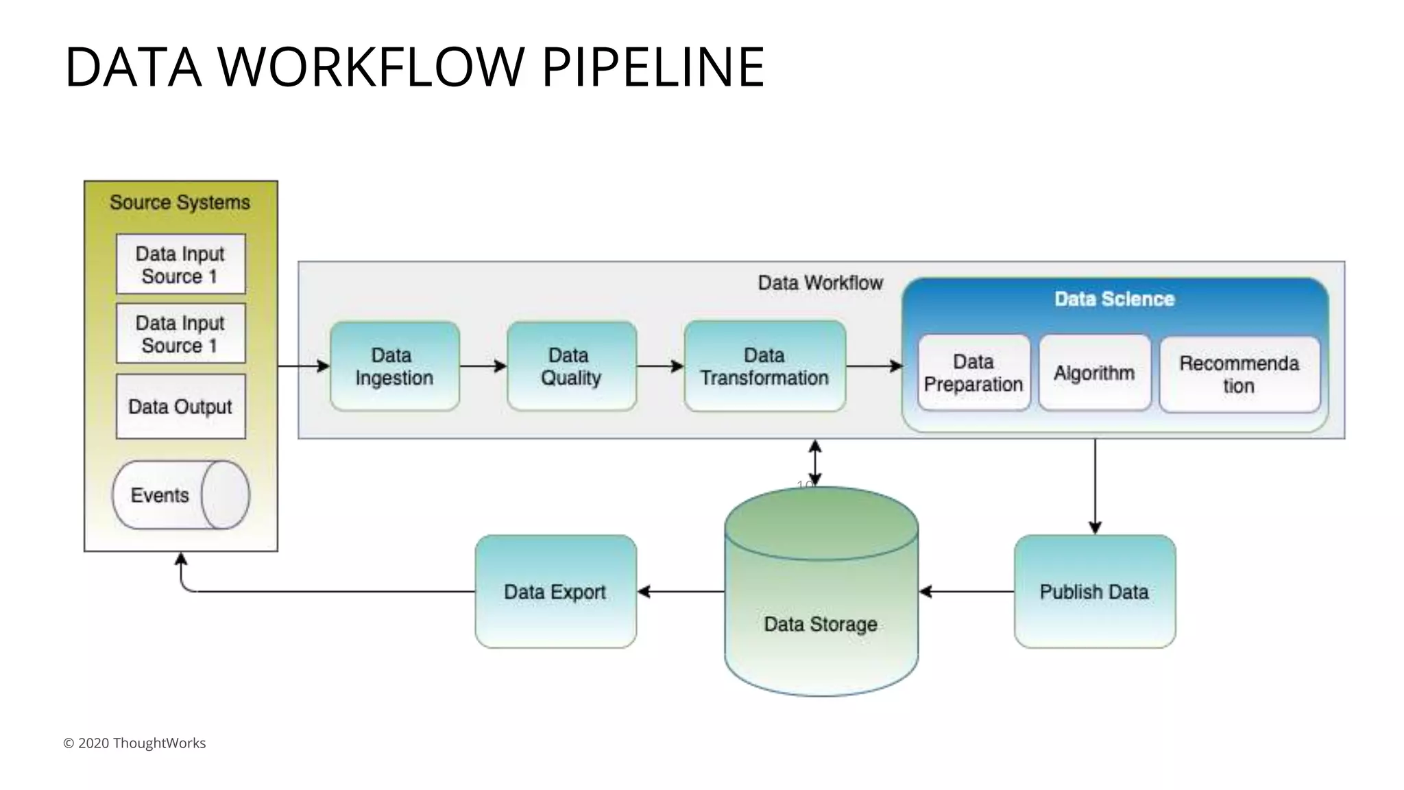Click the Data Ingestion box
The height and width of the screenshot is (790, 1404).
pyautogui.click(x=394, y=366)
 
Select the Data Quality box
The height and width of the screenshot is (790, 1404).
pyautogui.click(x=571, y=366)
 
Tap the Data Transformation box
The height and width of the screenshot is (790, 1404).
pyautogui.click(x=764, y=366)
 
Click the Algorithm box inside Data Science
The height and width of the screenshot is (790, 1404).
pyautogui.click(x=1094, y=373)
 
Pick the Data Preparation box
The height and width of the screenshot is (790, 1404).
pyautogui.click(x=973, y=373)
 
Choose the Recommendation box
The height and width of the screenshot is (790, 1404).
pyautogui.click(x=1239, y=374)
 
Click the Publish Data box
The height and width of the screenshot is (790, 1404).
pyautogui.click(x=1094, y=591)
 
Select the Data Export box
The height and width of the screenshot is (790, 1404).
pyautogui.click(x=555, y=591)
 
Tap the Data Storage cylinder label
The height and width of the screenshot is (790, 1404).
pyautogui.click(x=821, y=624)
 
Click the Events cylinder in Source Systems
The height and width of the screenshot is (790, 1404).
pyautogui.click(x=180, y=495)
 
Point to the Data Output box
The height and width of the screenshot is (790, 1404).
pyautogui.click(x=180, y=407)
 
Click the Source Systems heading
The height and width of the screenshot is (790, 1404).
pyautogui.click(x=180, y=202)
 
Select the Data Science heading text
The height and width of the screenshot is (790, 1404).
pyautogui.click(x=1114, y=299)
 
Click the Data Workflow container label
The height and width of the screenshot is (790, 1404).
pyautogui.click(x=820, y=283)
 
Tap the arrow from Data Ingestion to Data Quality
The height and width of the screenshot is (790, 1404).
pyautogui.click(x=483, y=366)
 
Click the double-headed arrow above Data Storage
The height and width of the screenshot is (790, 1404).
pyautogui.click(x=814, y=463)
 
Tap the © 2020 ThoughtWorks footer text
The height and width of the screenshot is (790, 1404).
pyautogui.click(x=134, y=743)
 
